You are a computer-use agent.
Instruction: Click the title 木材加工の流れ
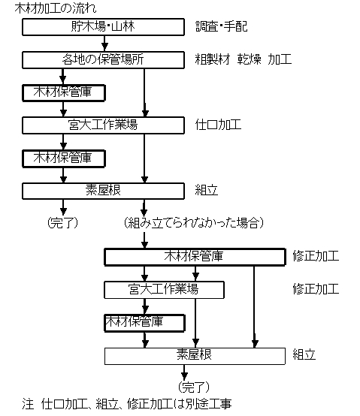click(x=56, y=8)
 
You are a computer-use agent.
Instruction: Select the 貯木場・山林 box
click(x=103, y=27)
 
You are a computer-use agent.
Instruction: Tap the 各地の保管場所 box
click(x=103, y=60)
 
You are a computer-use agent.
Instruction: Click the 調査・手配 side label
click(x=222, y=26)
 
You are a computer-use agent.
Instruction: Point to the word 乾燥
click(x=250, y=59)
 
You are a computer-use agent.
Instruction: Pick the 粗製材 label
click(x=213, y=59)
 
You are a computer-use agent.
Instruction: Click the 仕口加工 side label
click(x=218, y=125)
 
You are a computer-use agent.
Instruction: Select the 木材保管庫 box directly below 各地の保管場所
click(x=64, y=93)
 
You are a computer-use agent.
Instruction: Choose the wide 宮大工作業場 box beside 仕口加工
click(x=103, y=125)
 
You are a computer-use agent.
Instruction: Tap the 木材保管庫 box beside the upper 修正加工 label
click(x=195, y=257)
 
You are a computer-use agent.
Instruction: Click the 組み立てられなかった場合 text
click(x=194, y=223)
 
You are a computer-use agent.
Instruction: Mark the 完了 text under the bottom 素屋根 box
click(x=194, y=387)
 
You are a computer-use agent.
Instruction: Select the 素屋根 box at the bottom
click(x=195, y=356)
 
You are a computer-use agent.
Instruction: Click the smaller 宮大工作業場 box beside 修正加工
click(x=164, y=290)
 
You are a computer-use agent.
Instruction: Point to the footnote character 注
click(x=28, y=404)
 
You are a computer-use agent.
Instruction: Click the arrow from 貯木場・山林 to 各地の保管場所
click(x=105, y=44)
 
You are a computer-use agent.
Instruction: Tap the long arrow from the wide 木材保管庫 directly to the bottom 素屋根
click(x=254, y=306)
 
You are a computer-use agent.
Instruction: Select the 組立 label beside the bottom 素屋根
click(x=304, y=354)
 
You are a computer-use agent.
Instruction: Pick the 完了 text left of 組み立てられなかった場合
click(x=63, y=223)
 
